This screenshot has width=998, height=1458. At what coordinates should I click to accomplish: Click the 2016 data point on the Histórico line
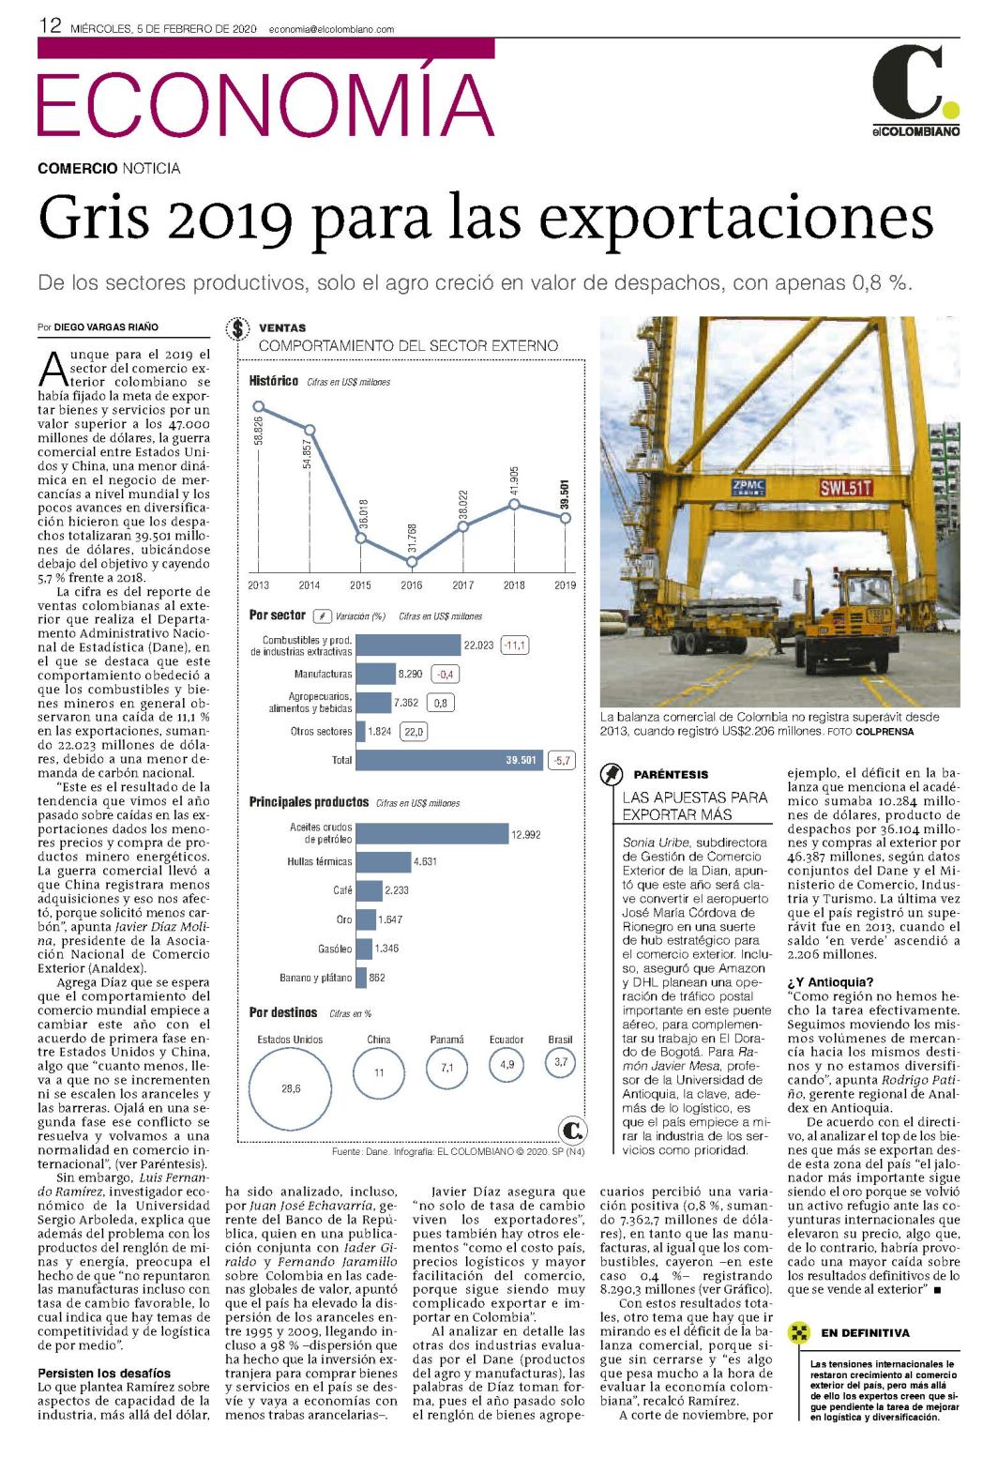click(412, 561)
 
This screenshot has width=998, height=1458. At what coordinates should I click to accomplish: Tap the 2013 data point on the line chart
click(258, 407)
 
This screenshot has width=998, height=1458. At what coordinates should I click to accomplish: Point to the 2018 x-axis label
click(514, 585)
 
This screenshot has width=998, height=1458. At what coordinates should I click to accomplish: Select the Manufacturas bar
click(375, 674)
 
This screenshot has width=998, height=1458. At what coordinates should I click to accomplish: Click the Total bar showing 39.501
click(449, 760)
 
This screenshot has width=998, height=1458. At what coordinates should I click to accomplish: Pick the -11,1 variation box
click(514, 645)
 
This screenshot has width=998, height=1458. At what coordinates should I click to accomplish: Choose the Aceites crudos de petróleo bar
click(432, 834)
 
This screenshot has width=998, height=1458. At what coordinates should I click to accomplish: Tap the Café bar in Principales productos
click(369, 890)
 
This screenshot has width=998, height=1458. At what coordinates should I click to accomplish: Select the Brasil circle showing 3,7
click(560, 1062)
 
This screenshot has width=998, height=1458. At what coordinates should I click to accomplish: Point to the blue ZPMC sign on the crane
click(748, 486)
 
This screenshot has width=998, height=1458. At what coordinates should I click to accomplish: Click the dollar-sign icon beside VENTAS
click(238, 328)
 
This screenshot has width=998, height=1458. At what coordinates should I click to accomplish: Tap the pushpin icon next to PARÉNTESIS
click(612, 775)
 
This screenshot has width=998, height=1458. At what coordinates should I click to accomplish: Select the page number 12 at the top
click(50, 26)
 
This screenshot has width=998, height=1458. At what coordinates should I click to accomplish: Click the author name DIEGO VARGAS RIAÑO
click(106, 327)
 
